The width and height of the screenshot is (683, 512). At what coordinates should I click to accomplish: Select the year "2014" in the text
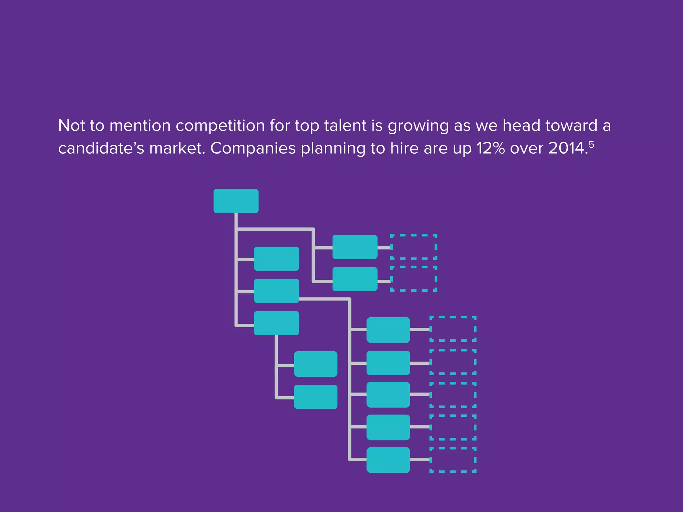click(566, 148)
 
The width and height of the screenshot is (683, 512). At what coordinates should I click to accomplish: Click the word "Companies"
click(253, 148)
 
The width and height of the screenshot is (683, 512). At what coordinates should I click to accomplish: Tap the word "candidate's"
click(101, 148)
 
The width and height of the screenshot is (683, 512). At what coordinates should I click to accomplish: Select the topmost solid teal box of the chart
click(236, 201)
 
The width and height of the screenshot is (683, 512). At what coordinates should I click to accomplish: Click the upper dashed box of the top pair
click(414, 247)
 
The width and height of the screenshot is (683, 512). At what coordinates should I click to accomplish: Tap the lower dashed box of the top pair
click(414, 279)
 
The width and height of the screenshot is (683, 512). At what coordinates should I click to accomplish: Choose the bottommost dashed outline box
click(453, 460)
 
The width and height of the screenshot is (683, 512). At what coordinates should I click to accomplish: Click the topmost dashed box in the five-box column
click(453, 329)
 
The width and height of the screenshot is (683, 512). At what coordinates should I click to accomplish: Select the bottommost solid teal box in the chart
click(388, 460)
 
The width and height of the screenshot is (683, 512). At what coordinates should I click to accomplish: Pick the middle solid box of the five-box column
click(388, 395)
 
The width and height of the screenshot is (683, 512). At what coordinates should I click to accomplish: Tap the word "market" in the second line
click(176, 148)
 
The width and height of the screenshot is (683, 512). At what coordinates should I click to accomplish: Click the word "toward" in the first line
click(571, 126)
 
